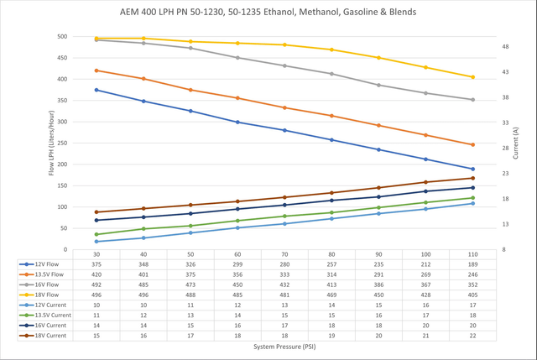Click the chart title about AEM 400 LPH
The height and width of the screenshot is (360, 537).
(x=268, y=12)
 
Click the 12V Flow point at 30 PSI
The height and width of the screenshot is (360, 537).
(x=96, y=90)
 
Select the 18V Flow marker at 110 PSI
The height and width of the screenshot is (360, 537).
(x=472, y=77)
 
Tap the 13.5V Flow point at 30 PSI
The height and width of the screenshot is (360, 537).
(x=96, y=70)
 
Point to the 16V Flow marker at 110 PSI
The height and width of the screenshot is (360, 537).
(x=472, y=100)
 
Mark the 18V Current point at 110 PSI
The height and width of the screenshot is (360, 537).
(x=472, y=178)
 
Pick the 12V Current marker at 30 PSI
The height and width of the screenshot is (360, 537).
(x=96, y=242)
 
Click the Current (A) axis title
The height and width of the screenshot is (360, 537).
(x=515, y=143)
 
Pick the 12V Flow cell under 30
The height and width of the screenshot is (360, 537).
(x=96, y=263)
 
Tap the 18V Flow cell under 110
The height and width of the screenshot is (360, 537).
(x=472, y=295)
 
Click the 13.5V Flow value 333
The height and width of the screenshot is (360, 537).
(x=284, y=274)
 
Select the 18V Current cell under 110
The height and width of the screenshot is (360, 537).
(x=472, y=335)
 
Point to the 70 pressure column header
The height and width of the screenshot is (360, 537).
(x=284, y=253)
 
